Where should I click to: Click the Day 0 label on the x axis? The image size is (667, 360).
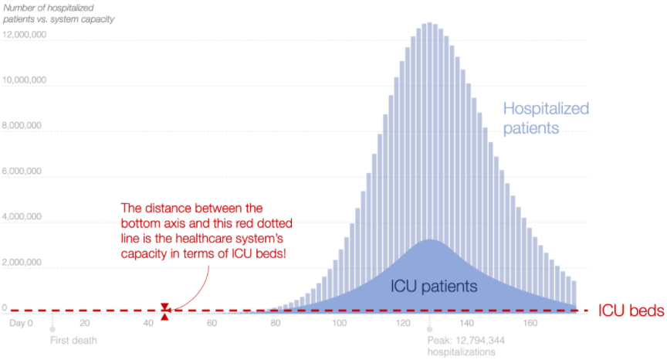point(21,324)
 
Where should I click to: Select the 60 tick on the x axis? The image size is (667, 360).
point(212,324)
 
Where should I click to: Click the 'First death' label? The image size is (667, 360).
point(75,340)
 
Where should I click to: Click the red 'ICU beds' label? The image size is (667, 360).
point(631,311)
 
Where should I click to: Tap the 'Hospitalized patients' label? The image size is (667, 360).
point(546,118)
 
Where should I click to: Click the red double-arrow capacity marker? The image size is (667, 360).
point(164,311)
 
